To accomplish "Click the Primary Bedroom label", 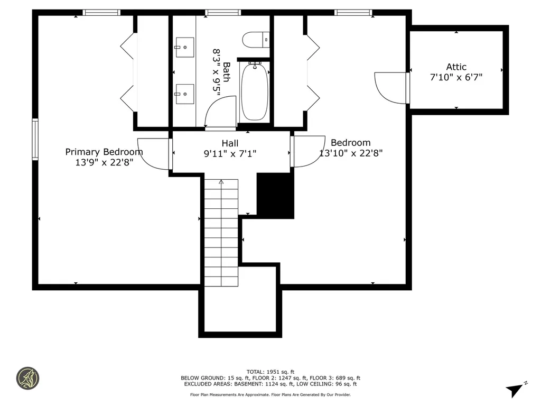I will coord(104,152).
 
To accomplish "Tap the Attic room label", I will coord(456,67).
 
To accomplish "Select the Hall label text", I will coord(230,143).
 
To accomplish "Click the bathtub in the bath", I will coord(255,93).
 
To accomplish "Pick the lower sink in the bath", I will coord(184,94).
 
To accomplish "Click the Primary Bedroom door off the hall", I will coord(154,153).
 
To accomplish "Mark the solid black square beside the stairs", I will coord(275,196).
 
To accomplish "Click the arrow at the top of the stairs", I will coord(221,182).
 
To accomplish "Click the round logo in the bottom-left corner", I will coord(27,379).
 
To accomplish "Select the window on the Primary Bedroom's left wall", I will coord(35,139).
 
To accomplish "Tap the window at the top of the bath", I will coord(223,12).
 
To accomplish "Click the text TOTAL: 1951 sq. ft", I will coord(270,372).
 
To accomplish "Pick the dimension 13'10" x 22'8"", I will coord(351,153).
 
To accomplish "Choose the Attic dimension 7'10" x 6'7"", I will coord(456,77).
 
